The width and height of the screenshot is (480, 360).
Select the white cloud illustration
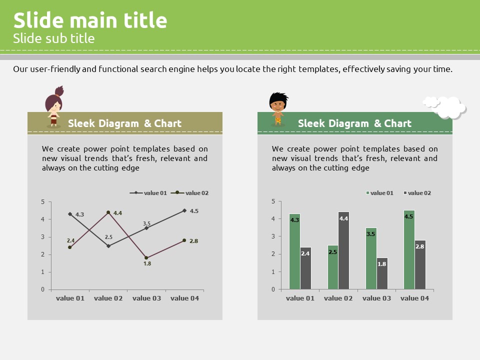[445, 107]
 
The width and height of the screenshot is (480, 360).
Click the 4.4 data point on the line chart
[108, 212]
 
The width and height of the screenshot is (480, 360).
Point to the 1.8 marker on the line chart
[146, 258]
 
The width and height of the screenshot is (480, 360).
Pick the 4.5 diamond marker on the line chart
[184, 210]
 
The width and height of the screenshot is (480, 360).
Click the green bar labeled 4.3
[294, 251]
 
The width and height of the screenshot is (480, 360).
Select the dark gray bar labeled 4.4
[343, 250]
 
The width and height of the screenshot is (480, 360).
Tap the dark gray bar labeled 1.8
[382, 273]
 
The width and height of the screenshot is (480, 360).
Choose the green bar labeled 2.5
[333, 267]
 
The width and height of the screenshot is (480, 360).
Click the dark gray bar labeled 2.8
[420, 265]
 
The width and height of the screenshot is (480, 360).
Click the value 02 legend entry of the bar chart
[417, 193]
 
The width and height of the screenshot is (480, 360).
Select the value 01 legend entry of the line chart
[148, 193]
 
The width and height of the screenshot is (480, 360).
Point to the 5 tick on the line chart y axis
[43, 201]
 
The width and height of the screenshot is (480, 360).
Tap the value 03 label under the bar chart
[376, 298]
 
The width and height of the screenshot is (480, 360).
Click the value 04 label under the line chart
[184, 298]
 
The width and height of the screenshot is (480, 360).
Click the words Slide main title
[90, 20]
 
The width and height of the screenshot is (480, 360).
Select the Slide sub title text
[54, 38]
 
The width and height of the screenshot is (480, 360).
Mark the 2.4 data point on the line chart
[70, 247]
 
